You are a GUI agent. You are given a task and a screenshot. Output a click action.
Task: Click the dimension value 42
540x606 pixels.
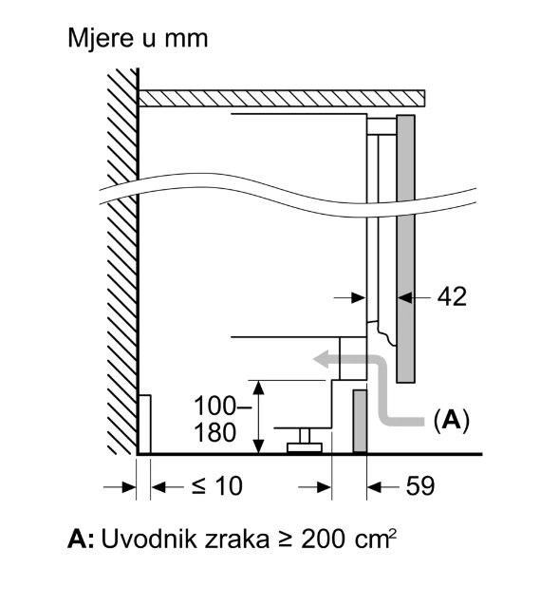[x=452, y=296]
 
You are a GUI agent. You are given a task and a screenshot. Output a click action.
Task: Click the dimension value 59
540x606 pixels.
[x=420, y=485]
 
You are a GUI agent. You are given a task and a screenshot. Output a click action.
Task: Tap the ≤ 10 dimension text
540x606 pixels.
[x=217, y=485]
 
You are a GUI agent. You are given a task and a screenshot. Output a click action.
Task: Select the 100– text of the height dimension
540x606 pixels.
[x=222, y=407]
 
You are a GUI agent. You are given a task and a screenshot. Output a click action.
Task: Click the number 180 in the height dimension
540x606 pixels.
[x=214, y=432]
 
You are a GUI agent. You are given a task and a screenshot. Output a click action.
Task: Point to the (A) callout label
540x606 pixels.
[x=452, y=420]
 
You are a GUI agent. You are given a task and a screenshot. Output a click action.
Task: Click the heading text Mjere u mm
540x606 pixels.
[x=138, y=39]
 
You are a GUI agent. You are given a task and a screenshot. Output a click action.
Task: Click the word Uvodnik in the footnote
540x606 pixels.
[x=149, y=540]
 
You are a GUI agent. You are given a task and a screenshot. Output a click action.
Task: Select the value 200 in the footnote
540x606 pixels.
[x=323, y=540]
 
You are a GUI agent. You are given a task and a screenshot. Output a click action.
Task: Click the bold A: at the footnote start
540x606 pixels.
[x=81, y=540]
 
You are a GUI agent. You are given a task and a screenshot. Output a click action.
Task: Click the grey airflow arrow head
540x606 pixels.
[x=322, y=359]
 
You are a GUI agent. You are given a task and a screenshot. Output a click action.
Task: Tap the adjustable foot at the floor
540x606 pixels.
[x=305, y=441]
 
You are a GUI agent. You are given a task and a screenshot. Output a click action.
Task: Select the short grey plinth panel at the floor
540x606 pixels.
[x=360, y=422]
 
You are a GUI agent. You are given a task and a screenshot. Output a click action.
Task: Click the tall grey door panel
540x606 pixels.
[x=406, y=249]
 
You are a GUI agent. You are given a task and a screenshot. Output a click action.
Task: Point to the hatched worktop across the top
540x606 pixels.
[x=282, y=98]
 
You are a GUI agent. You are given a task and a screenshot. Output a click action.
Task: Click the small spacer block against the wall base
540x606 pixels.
[x=144, y=424]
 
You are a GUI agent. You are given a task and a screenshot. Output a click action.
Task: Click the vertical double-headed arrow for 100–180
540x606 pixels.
[x=259, y=417]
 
